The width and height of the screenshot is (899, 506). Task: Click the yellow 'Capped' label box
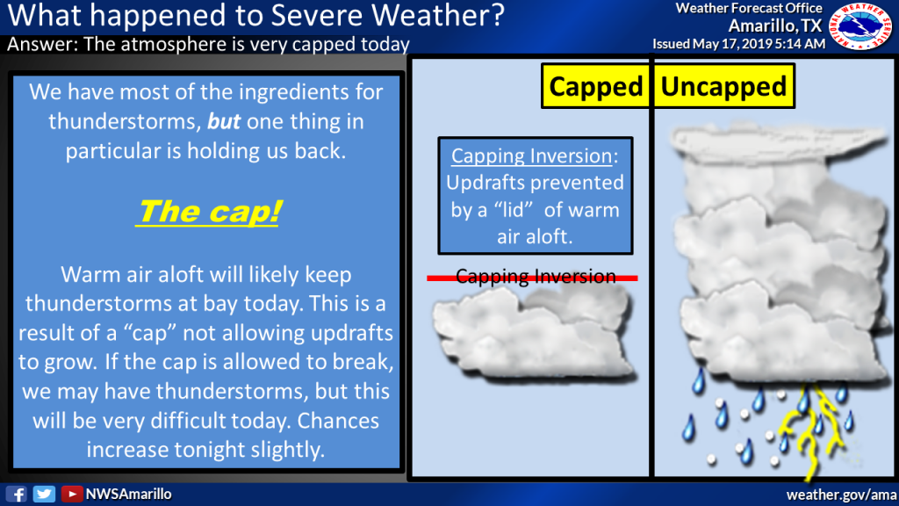pyautogui.click(x=594, y=87)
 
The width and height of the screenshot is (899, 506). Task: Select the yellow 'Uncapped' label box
pyautogui.click(x=723, y=87)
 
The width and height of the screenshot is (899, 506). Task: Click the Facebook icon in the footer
pyautogui.click(x=18, y=494)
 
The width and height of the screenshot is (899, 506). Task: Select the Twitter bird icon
pyautogui.click(x=44, y=494)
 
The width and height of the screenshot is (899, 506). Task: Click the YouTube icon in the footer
pyautogui.click(x=71, y=494)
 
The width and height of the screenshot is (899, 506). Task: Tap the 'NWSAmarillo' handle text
pyautogui.click(x=128, y=494)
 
